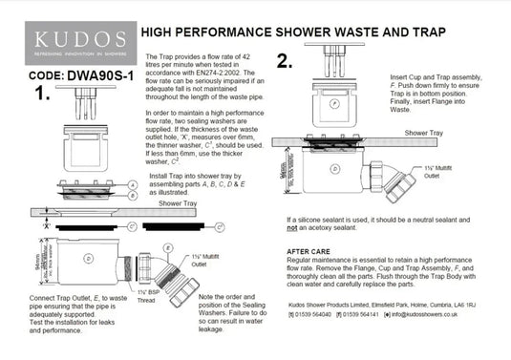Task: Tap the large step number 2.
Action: tap(284, 62)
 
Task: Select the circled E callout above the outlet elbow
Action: tap(168, 246)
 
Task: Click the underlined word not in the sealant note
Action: tap(292, 229)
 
